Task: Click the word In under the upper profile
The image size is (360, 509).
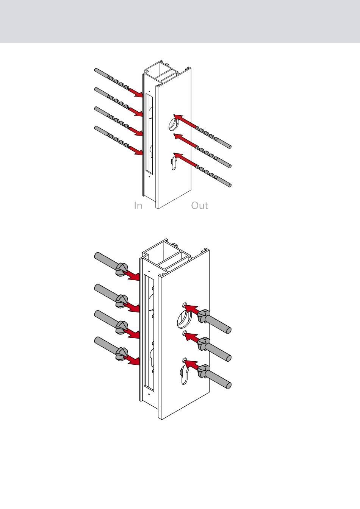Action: click(x=138, y=205)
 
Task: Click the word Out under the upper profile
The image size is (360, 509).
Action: click(x=200, y=205)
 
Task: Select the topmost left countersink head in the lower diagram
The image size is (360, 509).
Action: click(x=121, y=269)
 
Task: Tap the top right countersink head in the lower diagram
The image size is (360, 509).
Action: click(x=203, y=316)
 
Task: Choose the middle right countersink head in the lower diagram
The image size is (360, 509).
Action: click(x=203, y=344)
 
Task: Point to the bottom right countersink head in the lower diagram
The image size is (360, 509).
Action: click(x=203, y=371)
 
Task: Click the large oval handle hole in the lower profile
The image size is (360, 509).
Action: click(x=184, y=320)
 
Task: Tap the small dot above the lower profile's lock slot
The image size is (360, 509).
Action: click(x=149, y=271)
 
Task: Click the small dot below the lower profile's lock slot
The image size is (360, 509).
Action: click(x=149, y=395)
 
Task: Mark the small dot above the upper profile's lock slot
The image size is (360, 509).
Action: click(x=149, y=91)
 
